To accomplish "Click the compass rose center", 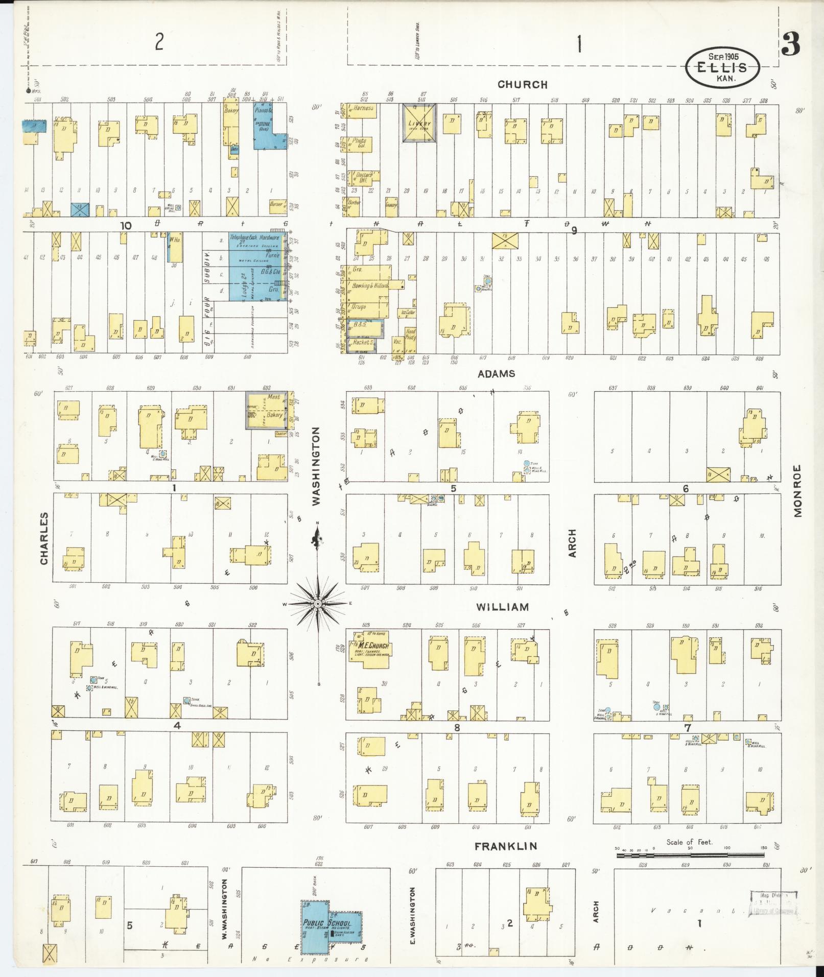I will [x=318, y=604].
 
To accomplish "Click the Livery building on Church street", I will [x=419, y=123].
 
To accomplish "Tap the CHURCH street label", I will [x=522, y=85].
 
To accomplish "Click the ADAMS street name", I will [x=496, y=374].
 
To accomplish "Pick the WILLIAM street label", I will [x=502, y=607].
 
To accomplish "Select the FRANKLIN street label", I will [x=506, y=847].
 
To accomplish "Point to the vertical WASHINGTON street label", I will [x=316, y=466].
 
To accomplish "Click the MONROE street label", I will [x=798, y=490].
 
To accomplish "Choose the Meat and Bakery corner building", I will [x=267, y=410].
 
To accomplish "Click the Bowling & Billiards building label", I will [x=370, y=285].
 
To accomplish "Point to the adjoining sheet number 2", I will [x=159, y=42].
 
